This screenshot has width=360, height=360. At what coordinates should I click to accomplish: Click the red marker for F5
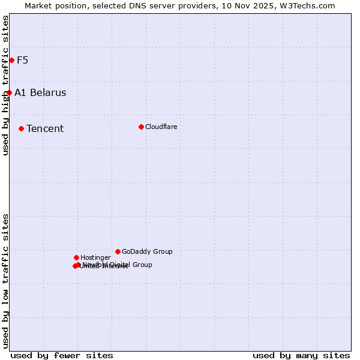click(x=11, y=60)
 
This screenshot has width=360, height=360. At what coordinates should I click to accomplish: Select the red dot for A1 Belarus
click(x=9, y=92)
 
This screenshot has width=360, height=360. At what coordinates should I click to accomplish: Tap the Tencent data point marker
click(x=21, y=128)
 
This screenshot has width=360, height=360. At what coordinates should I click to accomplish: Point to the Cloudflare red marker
click(x=141, y=127)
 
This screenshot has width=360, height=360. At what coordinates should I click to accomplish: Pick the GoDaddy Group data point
click(x=118, y=251)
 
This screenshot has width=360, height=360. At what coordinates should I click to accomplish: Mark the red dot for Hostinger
click(x=76, y=257)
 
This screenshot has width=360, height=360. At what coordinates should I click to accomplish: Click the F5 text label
click(x=23, y=60)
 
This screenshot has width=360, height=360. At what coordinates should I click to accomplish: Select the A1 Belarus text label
click(x=40, y=93)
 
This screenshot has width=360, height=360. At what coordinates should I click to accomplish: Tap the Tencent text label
click(x=45, y=129)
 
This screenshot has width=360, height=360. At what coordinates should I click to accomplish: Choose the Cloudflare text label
click(x=161, y=127)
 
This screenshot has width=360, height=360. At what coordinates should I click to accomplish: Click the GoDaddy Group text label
click(x=147, y=252)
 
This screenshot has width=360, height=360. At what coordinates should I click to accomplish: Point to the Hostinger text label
click(x=95, y=258)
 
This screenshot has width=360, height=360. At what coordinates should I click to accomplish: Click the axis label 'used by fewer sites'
click(x=62, y=355)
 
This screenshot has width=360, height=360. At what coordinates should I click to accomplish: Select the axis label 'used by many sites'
click(x=301, y=355)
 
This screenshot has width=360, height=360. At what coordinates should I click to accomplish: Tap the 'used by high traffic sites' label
click(x=5, y=85)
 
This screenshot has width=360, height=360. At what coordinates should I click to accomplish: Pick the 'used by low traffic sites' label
click(x=5, y=280)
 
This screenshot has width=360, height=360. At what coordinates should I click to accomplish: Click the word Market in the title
click(x=39, y=5)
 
